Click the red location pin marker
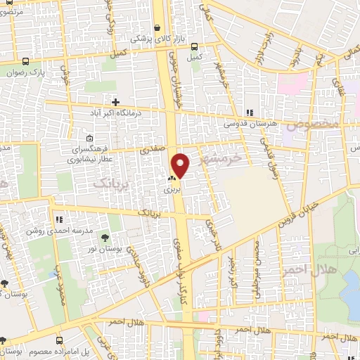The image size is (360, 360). (181, 165)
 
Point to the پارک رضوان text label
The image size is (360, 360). (50, 72)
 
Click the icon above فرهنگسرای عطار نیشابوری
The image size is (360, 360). (89, 138)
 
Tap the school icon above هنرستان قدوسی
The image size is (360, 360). (248, 112)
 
